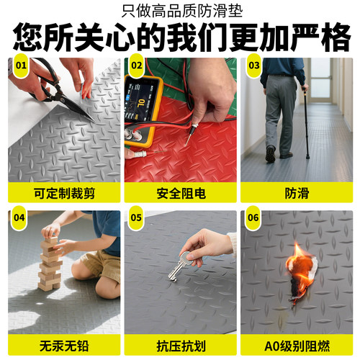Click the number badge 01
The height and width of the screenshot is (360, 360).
(x=21, y=66)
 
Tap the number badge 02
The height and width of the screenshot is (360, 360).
(x=136, y=66)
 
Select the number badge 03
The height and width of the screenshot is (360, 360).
(x=253, y=66)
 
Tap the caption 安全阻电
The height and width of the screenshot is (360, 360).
(x=179, y=193)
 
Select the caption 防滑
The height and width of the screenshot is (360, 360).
(x=295, y=193)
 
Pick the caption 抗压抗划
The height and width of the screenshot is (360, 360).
(x=179, y=345)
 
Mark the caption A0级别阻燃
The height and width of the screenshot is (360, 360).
(x=295, y=345)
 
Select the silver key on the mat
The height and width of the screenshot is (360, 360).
(x=178, y=266)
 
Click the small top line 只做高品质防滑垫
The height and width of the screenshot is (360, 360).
(x=180, y=12)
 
